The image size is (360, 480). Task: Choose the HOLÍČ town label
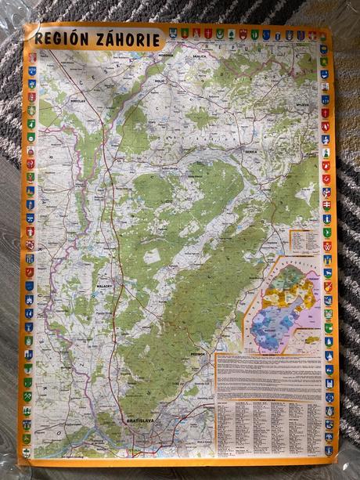(x=159, y=80)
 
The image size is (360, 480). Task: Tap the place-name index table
(x=268, y=428)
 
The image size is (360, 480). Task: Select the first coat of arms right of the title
(x=173, y=34)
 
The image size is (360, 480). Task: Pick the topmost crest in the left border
(x=32, y=57)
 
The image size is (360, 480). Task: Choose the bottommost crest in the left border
(x=27, y=453)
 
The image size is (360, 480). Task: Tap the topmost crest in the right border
(x=323, y=49)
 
